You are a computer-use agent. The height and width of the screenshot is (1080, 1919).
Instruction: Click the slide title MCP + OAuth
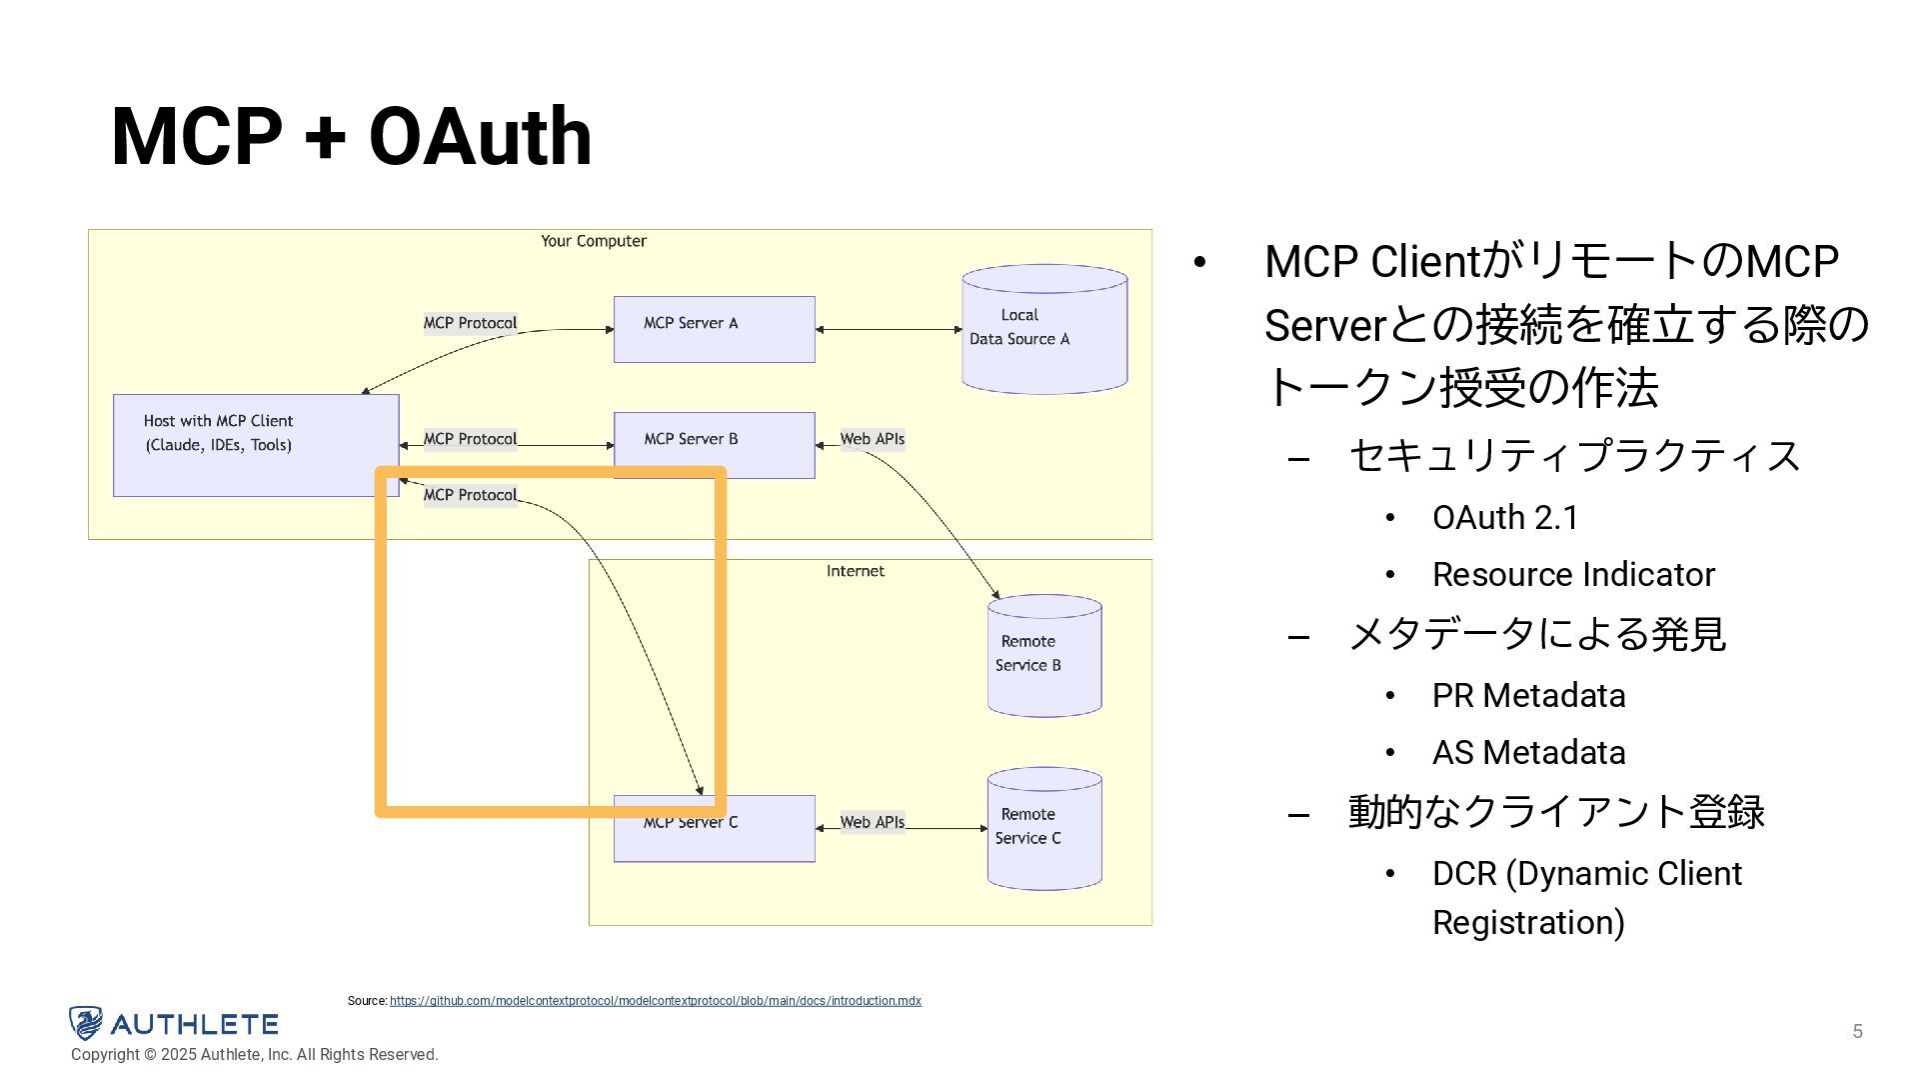pos(352,136)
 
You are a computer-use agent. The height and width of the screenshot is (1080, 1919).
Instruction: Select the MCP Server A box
pos(715,329)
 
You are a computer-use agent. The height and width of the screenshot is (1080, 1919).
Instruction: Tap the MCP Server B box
pos(715,445)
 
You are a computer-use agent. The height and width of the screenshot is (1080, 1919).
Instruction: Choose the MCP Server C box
pos(715,828)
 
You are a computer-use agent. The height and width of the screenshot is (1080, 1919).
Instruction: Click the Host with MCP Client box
pos(256,445)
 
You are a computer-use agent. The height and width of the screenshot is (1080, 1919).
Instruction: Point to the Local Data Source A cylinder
pos(1044,329)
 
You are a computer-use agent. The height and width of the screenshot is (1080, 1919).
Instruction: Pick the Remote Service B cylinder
pos(1044,655)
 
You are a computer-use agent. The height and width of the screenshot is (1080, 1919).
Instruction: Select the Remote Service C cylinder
pos(1044,828)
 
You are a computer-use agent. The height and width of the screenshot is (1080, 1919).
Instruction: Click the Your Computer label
pos(594,241)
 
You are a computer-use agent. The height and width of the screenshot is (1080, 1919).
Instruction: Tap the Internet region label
pos(856,571)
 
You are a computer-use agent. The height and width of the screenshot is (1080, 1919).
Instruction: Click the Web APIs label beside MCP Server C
pos(873,822)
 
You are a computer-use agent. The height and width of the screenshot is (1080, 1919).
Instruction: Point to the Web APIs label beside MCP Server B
pos(873,439)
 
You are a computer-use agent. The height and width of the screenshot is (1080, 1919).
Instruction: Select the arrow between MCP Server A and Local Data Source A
pos(889,329)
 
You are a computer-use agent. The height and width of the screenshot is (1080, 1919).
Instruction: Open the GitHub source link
pos(656,1001)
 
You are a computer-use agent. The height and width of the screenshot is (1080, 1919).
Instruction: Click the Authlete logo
pos(174,1024)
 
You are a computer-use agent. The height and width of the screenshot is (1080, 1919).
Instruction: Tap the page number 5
pos(1858,1031)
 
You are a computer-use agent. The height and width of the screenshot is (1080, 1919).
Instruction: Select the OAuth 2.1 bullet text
pos(1505,518)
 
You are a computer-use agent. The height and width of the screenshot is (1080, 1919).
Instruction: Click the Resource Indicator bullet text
pos(1574,575)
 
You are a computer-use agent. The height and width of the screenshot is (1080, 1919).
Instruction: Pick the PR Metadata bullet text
pos(1529,696)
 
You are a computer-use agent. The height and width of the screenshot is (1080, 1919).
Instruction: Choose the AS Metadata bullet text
pos(1529,753)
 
